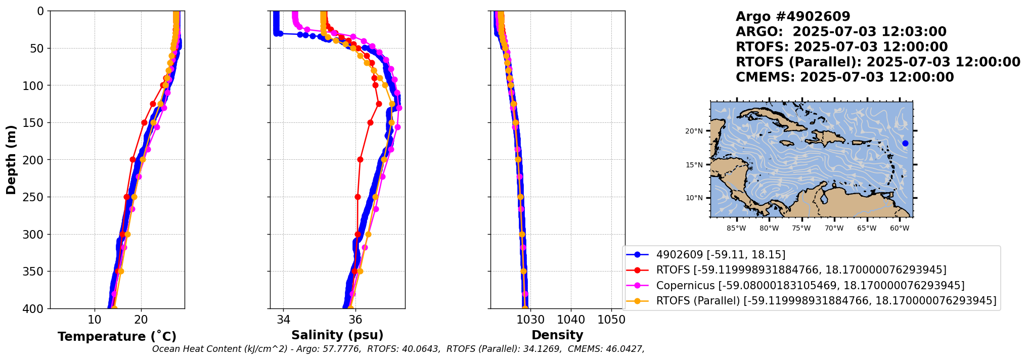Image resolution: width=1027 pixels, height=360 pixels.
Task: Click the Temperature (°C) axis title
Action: (x=117, y=337)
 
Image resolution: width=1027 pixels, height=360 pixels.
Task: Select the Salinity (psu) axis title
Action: (x=337, y=335)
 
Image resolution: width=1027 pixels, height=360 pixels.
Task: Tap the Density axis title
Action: (x=557, y=335)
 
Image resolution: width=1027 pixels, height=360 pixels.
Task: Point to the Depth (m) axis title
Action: (x=11, y=160)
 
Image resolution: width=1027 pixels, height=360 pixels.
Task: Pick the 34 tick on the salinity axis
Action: (x=284, y=320)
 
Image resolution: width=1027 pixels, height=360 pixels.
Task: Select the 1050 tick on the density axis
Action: (x=611, y=320)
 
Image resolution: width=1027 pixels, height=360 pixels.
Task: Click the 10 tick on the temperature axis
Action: (x=95, y=320)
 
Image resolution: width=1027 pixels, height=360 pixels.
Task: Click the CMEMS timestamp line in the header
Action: (x=844, y=77)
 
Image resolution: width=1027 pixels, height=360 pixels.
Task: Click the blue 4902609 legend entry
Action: (x=721, y=255)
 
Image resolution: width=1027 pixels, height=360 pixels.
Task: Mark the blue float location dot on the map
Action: (x=905, y=144)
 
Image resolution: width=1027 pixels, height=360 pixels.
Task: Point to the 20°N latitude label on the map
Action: (x=694, y=131)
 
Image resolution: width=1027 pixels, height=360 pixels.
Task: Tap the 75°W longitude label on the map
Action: (x=801, y=229)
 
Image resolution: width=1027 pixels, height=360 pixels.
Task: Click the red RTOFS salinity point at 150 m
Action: (x=370, y=122)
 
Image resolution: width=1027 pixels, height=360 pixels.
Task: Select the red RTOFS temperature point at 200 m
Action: (x=132, y=159)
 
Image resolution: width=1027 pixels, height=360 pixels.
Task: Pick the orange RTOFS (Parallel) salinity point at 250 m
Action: (x=375, y=197)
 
